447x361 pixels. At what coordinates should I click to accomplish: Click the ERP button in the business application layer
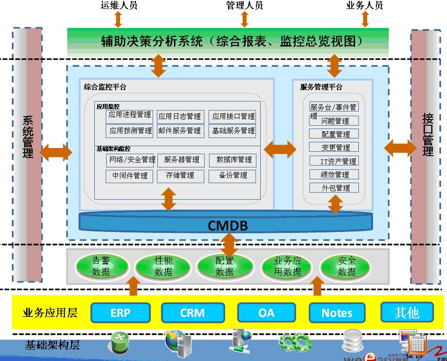[x=120, y=313]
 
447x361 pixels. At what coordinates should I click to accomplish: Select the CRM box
[x=192, y=313]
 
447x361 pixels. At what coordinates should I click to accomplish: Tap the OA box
[x=266, y=313]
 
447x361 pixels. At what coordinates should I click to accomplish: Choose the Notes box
[x=337, y=313]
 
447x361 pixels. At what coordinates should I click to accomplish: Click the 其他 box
[x=407, y=313]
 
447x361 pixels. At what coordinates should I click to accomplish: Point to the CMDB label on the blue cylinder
[x=228, y=225]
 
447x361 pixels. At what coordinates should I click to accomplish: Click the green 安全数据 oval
[x=347, y=266]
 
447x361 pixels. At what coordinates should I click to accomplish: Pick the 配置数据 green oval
[x=224, y=266]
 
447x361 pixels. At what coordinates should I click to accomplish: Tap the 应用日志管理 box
[x=180, y=116]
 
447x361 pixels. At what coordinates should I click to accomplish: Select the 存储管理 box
[x=180, y=176]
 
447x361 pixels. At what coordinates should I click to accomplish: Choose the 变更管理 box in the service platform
[x=334, y=148]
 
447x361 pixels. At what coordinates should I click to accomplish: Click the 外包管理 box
[x=334, y=188]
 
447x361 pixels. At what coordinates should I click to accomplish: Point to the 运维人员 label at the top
[x=119, y=6]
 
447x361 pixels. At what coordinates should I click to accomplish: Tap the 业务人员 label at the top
[x=365, y=6]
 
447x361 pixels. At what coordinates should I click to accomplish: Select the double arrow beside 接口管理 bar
[x=400, y=148]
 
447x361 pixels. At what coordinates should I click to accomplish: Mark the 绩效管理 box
[x=334, y=175]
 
